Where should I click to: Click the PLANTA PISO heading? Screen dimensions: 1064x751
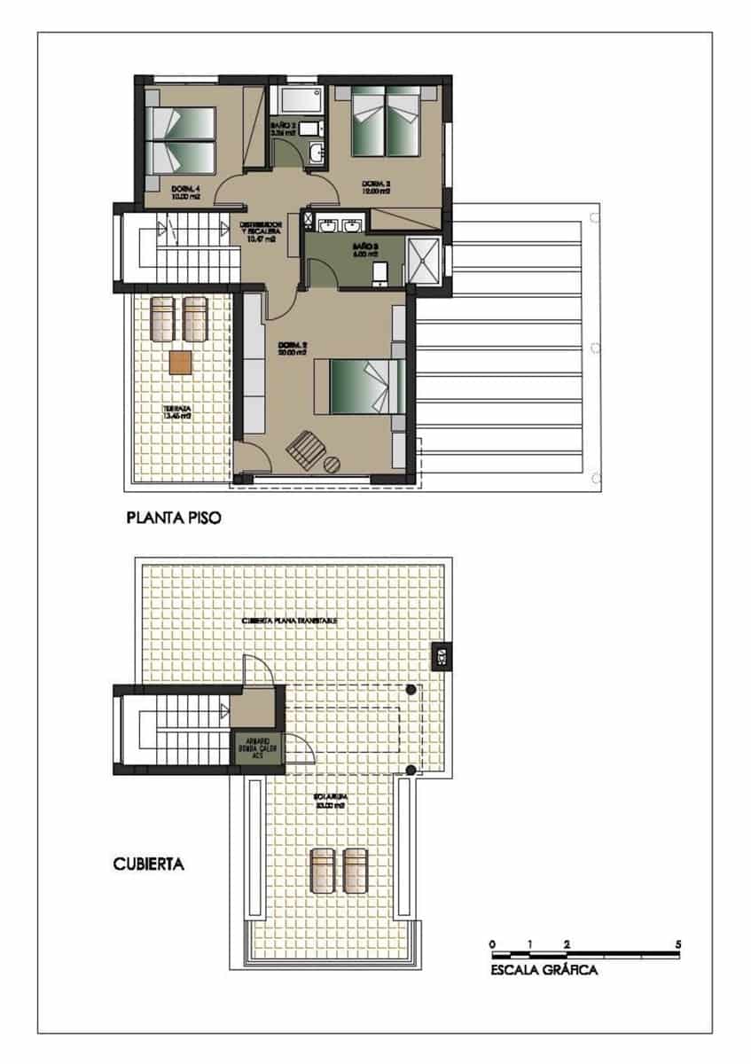[172, 517]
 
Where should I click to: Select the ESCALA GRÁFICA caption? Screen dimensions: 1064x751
[544, 970]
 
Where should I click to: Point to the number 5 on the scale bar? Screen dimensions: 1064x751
[677, 944]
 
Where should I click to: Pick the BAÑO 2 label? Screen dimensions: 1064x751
[283, 129]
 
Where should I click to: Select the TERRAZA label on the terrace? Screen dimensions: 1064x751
[178, 412]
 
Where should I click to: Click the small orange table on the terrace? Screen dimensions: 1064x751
[180, 363]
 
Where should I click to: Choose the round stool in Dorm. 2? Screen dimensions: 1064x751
[331, 463]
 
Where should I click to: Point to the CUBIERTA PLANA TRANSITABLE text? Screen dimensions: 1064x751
[289, 621]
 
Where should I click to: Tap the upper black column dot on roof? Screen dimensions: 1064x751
[411, 690]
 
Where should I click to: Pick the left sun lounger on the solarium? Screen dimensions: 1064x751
[322, 871]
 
